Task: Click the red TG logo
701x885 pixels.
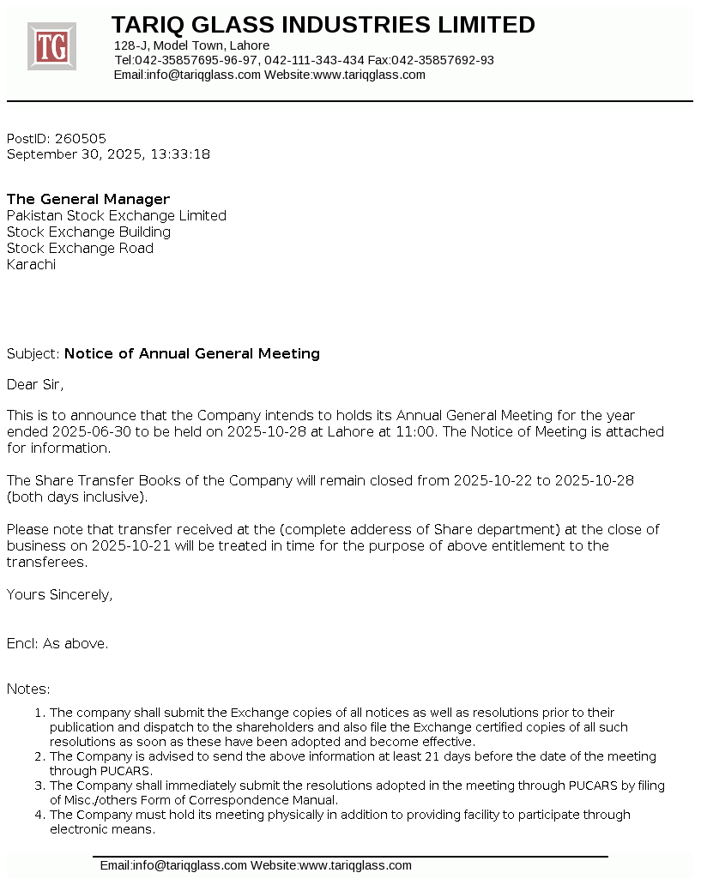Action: pos(51,46)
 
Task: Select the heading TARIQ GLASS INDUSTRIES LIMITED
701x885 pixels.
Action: pos(323,25)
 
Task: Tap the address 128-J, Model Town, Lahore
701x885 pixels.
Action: pos(191,45)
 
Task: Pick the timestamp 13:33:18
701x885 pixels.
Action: pos(179,154)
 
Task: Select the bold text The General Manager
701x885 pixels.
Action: pos(88,200)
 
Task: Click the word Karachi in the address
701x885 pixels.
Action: pos(31,265)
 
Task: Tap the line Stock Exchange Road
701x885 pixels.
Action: pos(80,249)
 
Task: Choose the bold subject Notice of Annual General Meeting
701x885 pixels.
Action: pos(192,353)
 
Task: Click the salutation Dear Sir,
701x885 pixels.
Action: pos(35,384)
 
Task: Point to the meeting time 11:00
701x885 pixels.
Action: pos(414,431)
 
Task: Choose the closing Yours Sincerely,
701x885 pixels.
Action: pos(59,594)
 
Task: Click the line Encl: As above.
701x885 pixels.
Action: pos(57,643)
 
